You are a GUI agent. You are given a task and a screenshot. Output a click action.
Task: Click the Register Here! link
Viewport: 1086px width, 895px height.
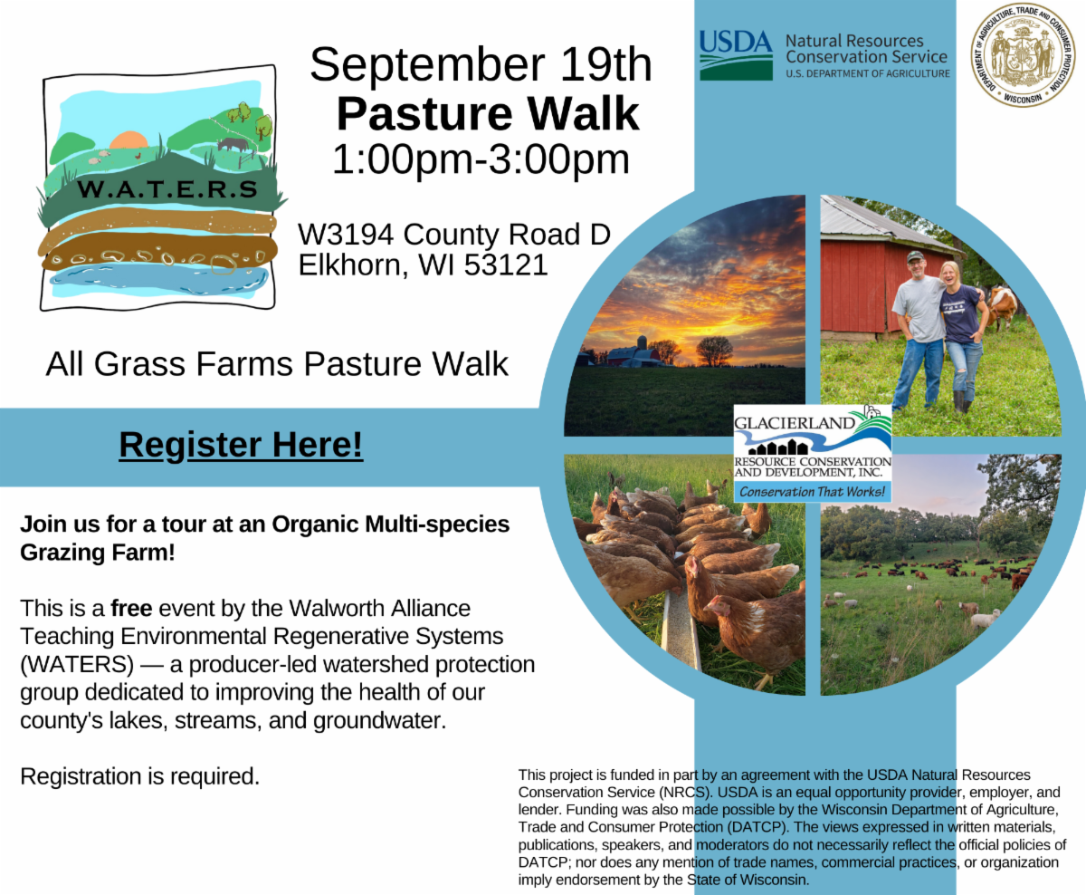(x=241, y=445)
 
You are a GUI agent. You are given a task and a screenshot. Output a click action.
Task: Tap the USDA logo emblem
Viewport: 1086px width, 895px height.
(x=736, y=55)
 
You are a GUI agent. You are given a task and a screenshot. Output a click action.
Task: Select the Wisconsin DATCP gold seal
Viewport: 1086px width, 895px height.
(x=1023, y=54)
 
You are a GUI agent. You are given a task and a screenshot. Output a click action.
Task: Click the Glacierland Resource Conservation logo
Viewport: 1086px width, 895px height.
(x=813, y=453)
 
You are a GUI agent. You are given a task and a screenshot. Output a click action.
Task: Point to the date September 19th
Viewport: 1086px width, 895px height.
(x=481, y=64)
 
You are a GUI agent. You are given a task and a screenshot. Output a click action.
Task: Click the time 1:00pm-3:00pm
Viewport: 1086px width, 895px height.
(x=481, y=159)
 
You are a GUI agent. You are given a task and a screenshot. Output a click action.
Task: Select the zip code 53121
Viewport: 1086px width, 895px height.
(x=506, y=265)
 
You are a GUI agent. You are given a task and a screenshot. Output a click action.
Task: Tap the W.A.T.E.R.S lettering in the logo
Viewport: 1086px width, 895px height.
(x=167, y=189)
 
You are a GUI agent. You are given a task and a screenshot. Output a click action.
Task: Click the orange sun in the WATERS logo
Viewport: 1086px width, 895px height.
(x=129, y=140)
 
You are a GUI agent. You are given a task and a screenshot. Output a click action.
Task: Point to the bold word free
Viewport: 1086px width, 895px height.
(x=131, y=609)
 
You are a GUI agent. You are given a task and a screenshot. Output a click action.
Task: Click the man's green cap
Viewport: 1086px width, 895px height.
(x=915, y=256)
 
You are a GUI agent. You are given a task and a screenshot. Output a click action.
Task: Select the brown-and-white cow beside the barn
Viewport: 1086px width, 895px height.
(x=1002, y=307)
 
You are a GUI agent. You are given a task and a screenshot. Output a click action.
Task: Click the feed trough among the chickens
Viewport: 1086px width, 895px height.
(x=681, y=631)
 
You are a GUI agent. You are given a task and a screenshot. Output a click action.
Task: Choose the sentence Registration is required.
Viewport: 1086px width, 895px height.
(x=140, y=776)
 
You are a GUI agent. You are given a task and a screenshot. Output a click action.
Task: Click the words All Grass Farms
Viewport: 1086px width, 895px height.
(x=171, y=364)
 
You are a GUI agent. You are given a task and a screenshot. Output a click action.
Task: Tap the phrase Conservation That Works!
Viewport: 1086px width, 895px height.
(x=812, y=492)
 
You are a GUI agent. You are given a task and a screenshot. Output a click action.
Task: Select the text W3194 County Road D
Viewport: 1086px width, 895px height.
(x=454, y=235)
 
